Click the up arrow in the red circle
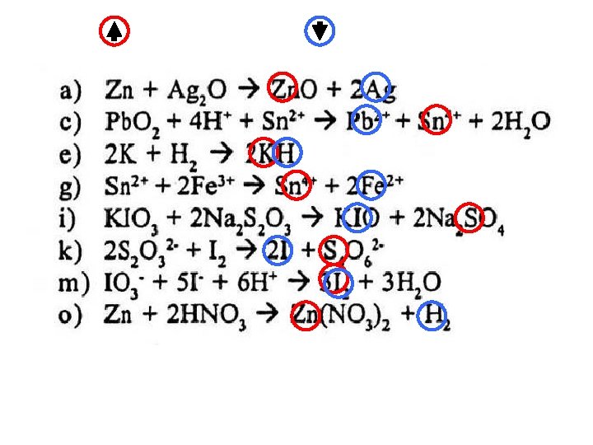(x=113, y=31)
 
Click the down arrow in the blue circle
(x=320, y=31)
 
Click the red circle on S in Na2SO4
(x=469, y=217)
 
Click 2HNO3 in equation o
(x=215, y=316)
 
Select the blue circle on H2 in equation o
(x=433, y=316)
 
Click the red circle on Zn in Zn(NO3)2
(x=305, y=316)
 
